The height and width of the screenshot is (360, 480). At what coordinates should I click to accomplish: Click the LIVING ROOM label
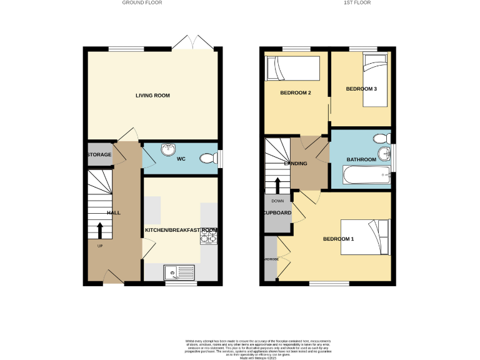[x=152, y=96]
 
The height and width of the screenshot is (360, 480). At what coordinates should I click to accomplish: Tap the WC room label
[x=181, y=159]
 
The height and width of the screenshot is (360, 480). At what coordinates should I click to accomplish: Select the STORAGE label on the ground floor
[x=99, y=154]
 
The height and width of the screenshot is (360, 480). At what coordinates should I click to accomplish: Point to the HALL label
[x=114, y=213]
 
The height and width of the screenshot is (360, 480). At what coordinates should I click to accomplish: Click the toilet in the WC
[x=207, y=159]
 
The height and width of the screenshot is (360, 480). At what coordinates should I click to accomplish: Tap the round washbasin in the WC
[x=168, y=149]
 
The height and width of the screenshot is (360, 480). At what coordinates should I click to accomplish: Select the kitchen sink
[x=179, y=272]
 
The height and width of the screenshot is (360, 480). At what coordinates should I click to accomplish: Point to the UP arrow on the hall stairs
[x=99, y=230]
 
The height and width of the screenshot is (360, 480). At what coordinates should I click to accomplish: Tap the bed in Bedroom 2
[x=293, y=68]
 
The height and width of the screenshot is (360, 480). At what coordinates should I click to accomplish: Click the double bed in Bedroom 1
[x=365, y=237]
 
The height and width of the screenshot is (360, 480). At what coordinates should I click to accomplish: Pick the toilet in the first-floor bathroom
[x=380, y=139]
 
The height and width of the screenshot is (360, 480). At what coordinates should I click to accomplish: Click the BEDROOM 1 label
[x=338, y=239]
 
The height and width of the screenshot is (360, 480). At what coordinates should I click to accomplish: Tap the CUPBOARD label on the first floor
[x=276, y=213]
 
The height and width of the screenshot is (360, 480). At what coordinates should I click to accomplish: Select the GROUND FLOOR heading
[x=142, y=3]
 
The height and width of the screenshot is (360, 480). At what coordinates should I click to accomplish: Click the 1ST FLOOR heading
[x=357, y=3]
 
